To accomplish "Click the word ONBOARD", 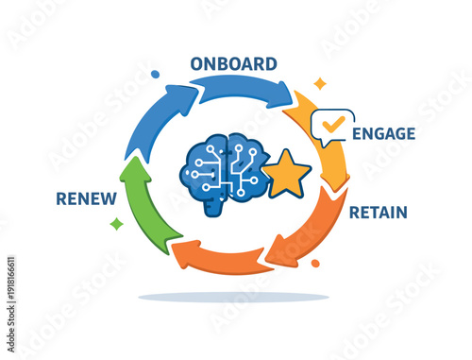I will pyautogui.click(x=233, y=64).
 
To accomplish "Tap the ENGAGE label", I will pyautogui.click(x=383, y=134).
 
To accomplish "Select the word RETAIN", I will pyautogui.click(x=379, y=213).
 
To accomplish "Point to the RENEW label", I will pyautogui.click(x=86, y=198).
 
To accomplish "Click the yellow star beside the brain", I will pyautogui.click(x=286, y=175).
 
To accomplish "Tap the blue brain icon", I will pyautogui.click(x=223, y=167).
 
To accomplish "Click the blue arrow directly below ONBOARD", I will pyautogui.click(x=244, y=89).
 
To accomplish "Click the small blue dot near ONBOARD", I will pyautogui.click(x=155, y=74).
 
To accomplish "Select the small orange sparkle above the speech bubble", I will pyautogui.click(x=320, y=83).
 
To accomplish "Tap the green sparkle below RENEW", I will pyautogui.click(x=116, y=224).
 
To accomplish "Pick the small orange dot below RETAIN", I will pyautogui.click(x=315, y=264).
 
